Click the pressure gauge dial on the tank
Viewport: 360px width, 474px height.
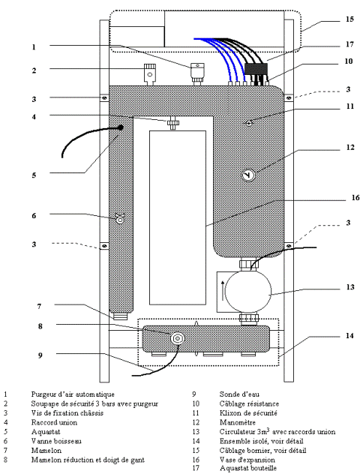[248, 175]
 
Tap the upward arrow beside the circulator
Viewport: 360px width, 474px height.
[223, 291]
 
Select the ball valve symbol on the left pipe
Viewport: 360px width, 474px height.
[120, 218]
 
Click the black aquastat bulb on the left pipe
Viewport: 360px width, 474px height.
[120, 127]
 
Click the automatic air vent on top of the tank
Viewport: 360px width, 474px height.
[197, 73]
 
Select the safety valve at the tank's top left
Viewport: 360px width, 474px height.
[149, 73]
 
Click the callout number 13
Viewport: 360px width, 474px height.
[350, 286]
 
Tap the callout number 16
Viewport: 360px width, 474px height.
[355, 198]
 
